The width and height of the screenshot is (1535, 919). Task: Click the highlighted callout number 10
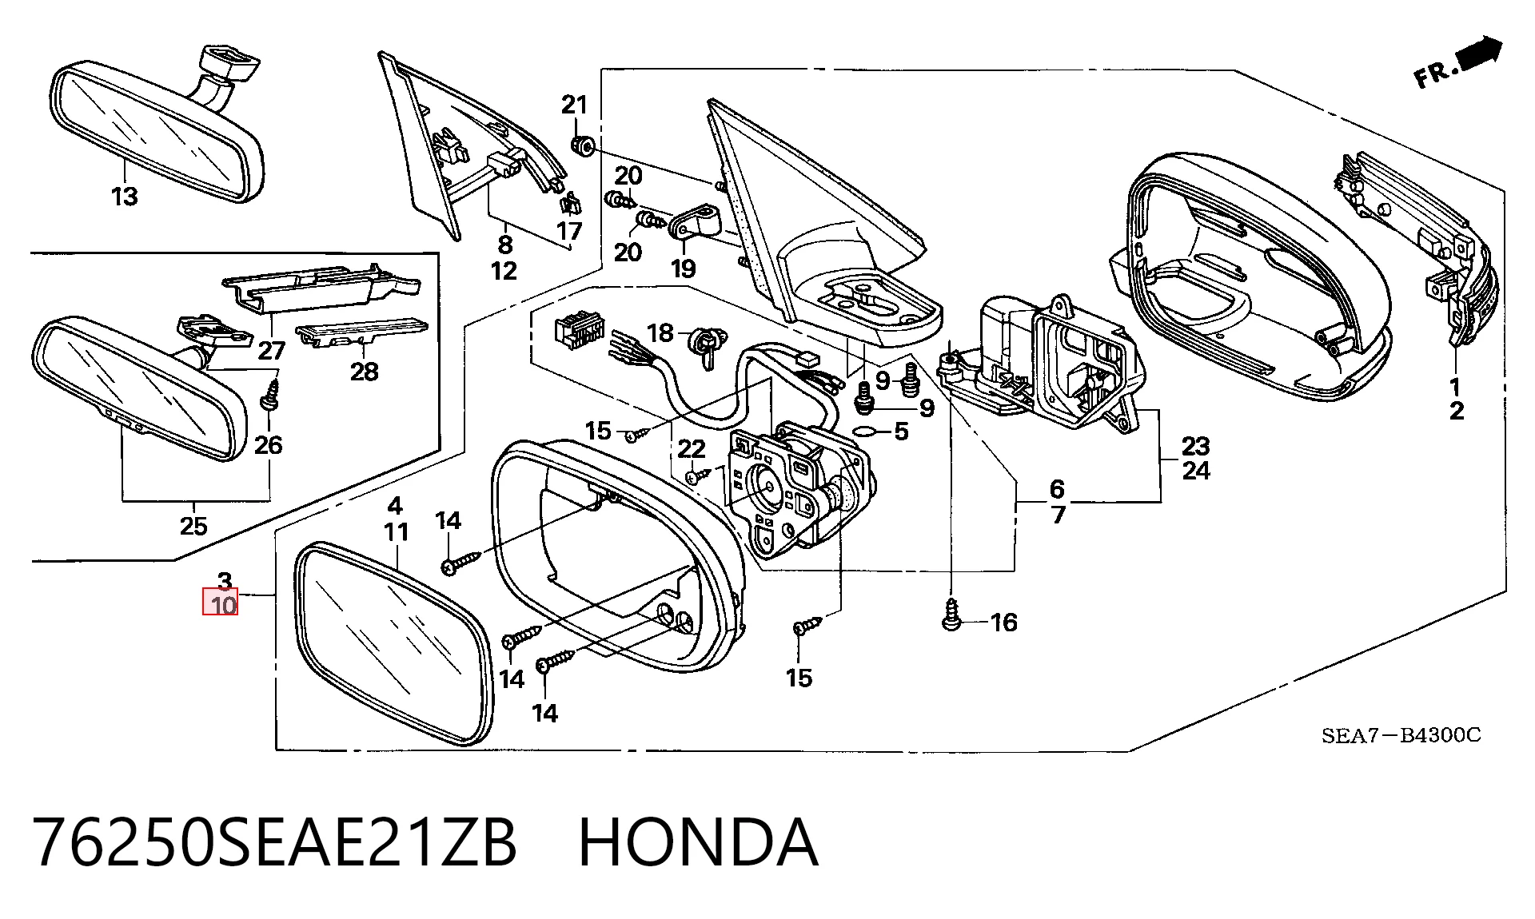pyautogui.click(x=223, y=605)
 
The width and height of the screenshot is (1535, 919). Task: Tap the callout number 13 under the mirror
pyautogui.click(x=124, y=196)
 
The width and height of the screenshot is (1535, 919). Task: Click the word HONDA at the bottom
pyautogui.click(x=698, y=842)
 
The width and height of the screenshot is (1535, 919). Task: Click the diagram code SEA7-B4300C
pyautogui.click(x=1401, y=735)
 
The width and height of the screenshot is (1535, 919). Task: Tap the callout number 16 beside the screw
pyautogui.click(x=1003, y=622)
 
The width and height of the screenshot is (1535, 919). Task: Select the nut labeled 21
pyautogui.click(x=581, y=145)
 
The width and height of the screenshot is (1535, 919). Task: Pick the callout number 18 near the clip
pyautogui.click(x=660, y=332)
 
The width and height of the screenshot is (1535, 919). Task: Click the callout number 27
pyautogui.click(x=272, y=350)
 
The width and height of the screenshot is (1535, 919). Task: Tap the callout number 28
pyautogui.click(x=364, y=371)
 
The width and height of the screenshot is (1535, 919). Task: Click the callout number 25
pyautogui.click(x=193, y=526)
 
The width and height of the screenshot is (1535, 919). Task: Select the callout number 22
pyautogui.click(x=692, y=449)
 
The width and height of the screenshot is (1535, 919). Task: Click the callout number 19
pyautogui.click(x=683, y=268)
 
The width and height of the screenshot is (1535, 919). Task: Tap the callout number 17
pyautogui.click(x=569, y=231)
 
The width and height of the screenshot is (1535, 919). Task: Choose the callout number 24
pyautogui.click(x=1196, y=471)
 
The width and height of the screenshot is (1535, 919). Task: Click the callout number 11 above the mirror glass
pyautogui.click(x=396, y=531)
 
